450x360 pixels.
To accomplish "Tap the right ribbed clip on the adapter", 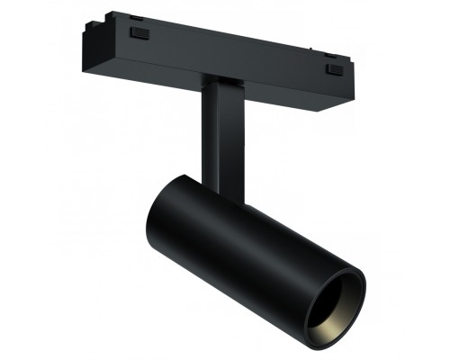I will pyautogui.click(x=334, y=68).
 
